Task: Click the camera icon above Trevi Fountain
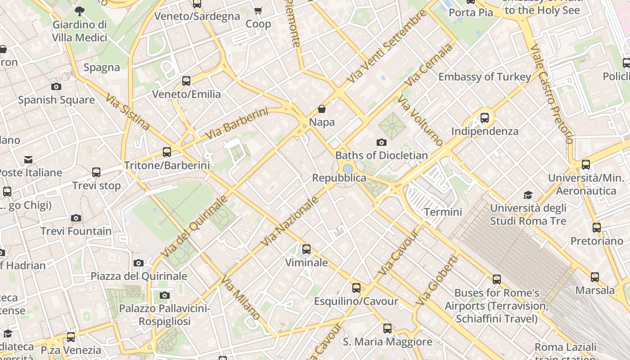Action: [x=76, y=218]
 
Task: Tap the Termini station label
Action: [x=443, y=212]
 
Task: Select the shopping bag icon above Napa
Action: [x=322, y=109]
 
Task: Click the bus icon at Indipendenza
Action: [x=485, y=118]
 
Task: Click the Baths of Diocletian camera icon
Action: [x=382, y=143]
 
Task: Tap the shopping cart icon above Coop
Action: [x=258, y=10]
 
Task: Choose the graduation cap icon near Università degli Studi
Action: [x=528, y=195]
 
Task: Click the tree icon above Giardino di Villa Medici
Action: [x=80, y=11]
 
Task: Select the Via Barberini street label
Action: [x=236, y=123]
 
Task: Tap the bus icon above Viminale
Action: [x=306, y=249]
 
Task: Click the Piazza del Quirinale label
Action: [x=139, y=276]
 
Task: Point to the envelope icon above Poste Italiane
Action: [x=28, y=160]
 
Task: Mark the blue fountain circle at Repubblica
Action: [x=348, y=169]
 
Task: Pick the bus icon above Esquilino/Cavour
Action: [x=356, y=288]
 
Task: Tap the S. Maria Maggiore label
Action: [x=387, y=342]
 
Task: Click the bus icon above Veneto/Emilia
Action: [x=186, y=81]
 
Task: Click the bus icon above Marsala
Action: [x=595, y=277]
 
